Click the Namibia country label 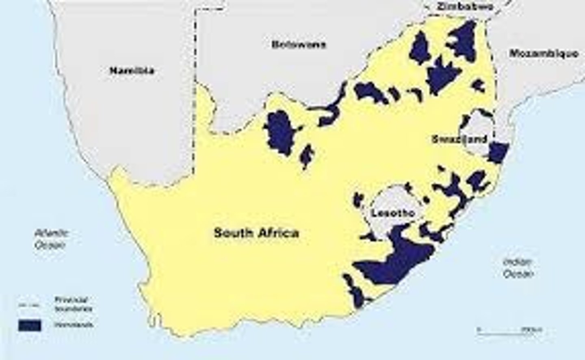click(x=132, y=71)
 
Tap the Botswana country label click(x=299, y=45)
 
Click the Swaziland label click(x=459, y=139)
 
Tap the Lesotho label click(x=392, y=213)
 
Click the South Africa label click(x=256, y=233)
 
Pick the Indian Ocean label click(x=517, y=268)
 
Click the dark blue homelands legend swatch click(x=29, y=325)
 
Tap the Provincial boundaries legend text click(x=73, y=304)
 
